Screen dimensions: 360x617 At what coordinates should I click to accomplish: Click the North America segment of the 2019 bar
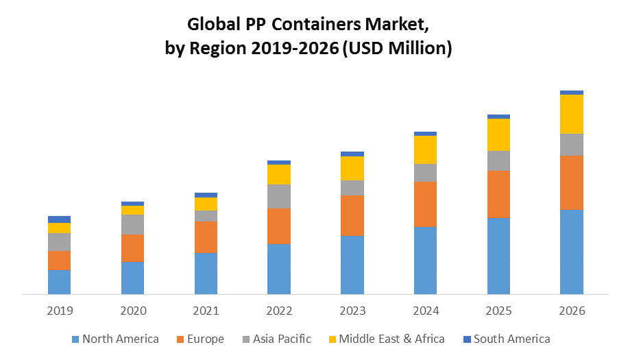(60, 282)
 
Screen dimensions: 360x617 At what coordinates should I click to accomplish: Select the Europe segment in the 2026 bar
(572, 182)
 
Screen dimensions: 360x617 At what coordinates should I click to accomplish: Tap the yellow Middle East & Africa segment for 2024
(426, 149)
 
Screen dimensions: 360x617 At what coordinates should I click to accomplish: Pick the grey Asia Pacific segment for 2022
(279, 196)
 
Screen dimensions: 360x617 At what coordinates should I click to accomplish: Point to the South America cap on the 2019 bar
(60, 219)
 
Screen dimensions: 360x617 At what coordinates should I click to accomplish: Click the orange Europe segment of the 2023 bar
(352, 215)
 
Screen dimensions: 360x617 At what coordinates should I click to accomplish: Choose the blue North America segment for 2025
(498, 256)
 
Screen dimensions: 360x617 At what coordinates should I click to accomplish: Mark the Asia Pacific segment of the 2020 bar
(133, 224)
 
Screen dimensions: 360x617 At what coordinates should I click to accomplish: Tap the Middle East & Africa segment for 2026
(572, 114)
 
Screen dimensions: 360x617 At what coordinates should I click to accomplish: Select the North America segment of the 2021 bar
(206, 274)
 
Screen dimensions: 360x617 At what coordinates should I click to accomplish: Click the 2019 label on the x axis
(60, 311)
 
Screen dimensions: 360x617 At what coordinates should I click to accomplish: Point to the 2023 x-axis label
(352, 311)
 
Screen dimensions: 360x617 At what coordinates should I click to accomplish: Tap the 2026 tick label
(572, 311)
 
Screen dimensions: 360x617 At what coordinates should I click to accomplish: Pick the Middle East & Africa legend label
(391, 339)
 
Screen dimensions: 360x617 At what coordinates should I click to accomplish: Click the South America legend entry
(511, 339)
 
